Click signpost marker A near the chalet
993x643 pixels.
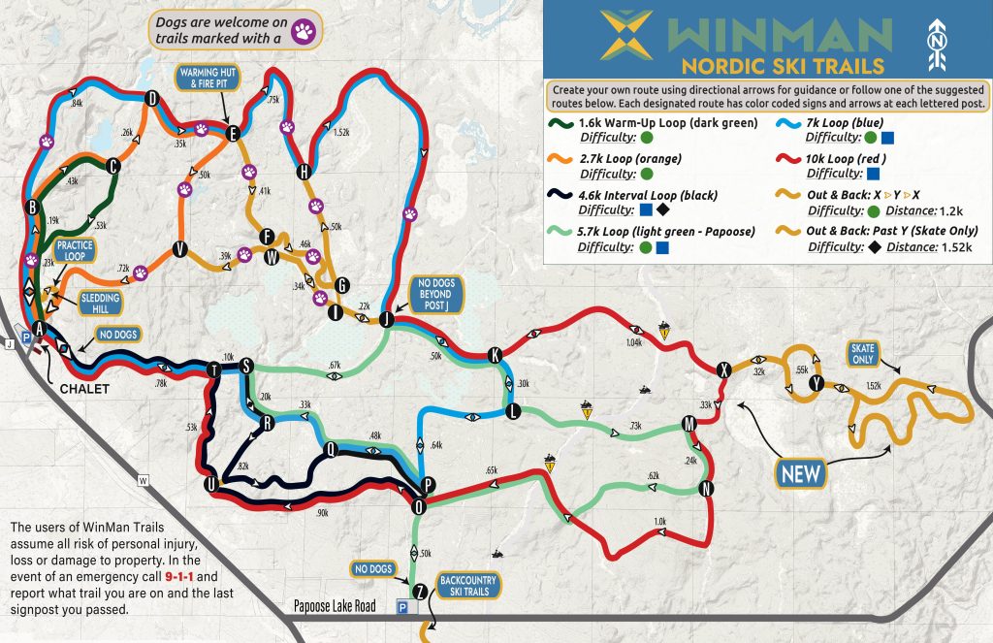tap(39, 329)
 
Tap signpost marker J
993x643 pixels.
tap(386, 318)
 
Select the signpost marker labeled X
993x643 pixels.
tap(723, 370)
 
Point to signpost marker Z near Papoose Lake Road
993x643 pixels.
tap(419, 591)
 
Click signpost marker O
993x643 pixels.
tap(419, 505)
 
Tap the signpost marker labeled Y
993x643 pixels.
tap(817, 383)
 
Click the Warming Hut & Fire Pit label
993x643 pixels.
tap(207, 79)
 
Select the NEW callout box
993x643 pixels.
tap(801, 474)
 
